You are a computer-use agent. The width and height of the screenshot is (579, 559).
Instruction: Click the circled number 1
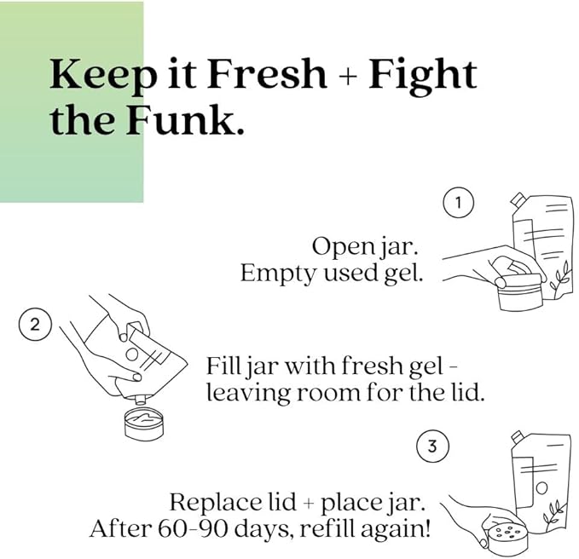pos(458,203)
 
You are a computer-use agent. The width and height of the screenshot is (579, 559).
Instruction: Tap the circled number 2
pos(35,325)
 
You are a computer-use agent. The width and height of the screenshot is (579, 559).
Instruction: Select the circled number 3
pos(432,447)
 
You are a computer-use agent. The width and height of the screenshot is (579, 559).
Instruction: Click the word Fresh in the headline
pos(267,74)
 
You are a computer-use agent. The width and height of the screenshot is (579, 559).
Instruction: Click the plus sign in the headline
pos(348,78)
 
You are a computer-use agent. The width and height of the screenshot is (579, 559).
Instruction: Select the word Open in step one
pos(337,247)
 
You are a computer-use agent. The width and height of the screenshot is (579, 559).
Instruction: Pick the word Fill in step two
pos(222,366)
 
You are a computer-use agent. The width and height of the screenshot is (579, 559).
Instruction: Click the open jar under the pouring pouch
pos(143,424)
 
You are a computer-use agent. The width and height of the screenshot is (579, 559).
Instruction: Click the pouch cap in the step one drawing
pos(518,199)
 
